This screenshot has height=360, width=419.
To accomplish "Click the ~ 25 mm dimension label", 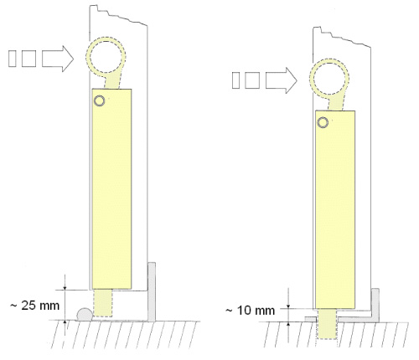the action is [x=34, y=306].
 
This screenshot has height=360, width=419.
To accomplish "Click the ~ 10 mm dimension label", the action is [x=250, y=311].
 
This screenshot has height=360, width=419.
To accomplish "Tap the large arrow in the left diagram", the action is [x=58, y=59].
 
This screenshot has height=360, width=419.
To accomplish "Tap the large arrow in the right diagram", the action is [x=281, y=80].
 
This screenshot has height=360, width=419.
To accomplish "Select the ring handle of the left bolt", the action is [x=88, y=57].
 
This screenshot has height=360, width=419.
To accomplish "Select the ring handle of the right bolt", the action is [x=312, y=79].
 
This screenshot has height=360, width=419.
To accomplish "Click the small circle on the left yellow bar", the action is [x=99, y=100].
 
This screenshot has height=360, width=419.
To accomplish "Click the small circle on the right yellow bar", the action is [x=323, y=122].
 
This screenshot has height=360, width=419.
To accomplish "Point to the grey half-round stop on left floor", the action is [x=85, y=314].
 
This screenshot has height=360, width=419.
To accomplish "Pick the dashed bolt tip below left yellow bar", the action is [x=102, y=303].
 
